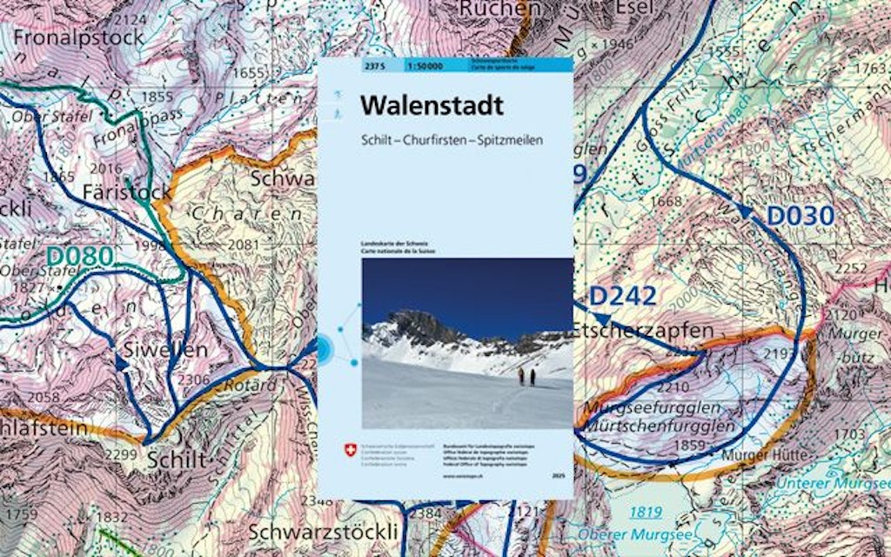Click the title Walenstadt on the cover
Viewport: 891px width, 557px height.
[432, 106]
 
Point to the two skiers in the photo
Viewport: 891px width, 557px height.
[526, 376]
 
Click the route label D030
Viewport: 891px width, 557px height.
[800, 215]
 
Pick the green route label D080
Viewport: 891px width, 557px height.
[79, 256]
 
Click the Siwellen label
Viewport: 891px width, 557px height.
[166, 349]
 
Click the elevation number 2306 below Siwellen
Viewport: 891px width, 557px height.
[193, 379]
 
